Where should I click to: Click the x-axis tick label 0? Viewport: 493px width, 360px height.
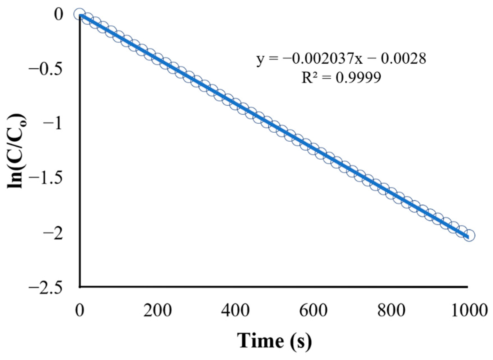click(x=80, y=311)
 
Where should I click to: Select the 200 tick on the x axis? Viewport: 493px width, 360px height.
click(x=158, y=311)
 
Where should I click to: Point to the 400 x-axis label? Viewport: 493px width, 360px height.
click(x=235, y=311)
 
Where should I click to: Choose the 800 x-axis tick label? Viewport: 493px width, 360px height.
click(x=391, y=311)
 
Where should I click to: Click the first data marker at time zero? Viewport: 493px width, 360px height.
click(x=80, y=14)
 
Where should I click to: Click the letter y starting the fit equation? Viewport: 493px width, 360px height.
click(x=261, y=60)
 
